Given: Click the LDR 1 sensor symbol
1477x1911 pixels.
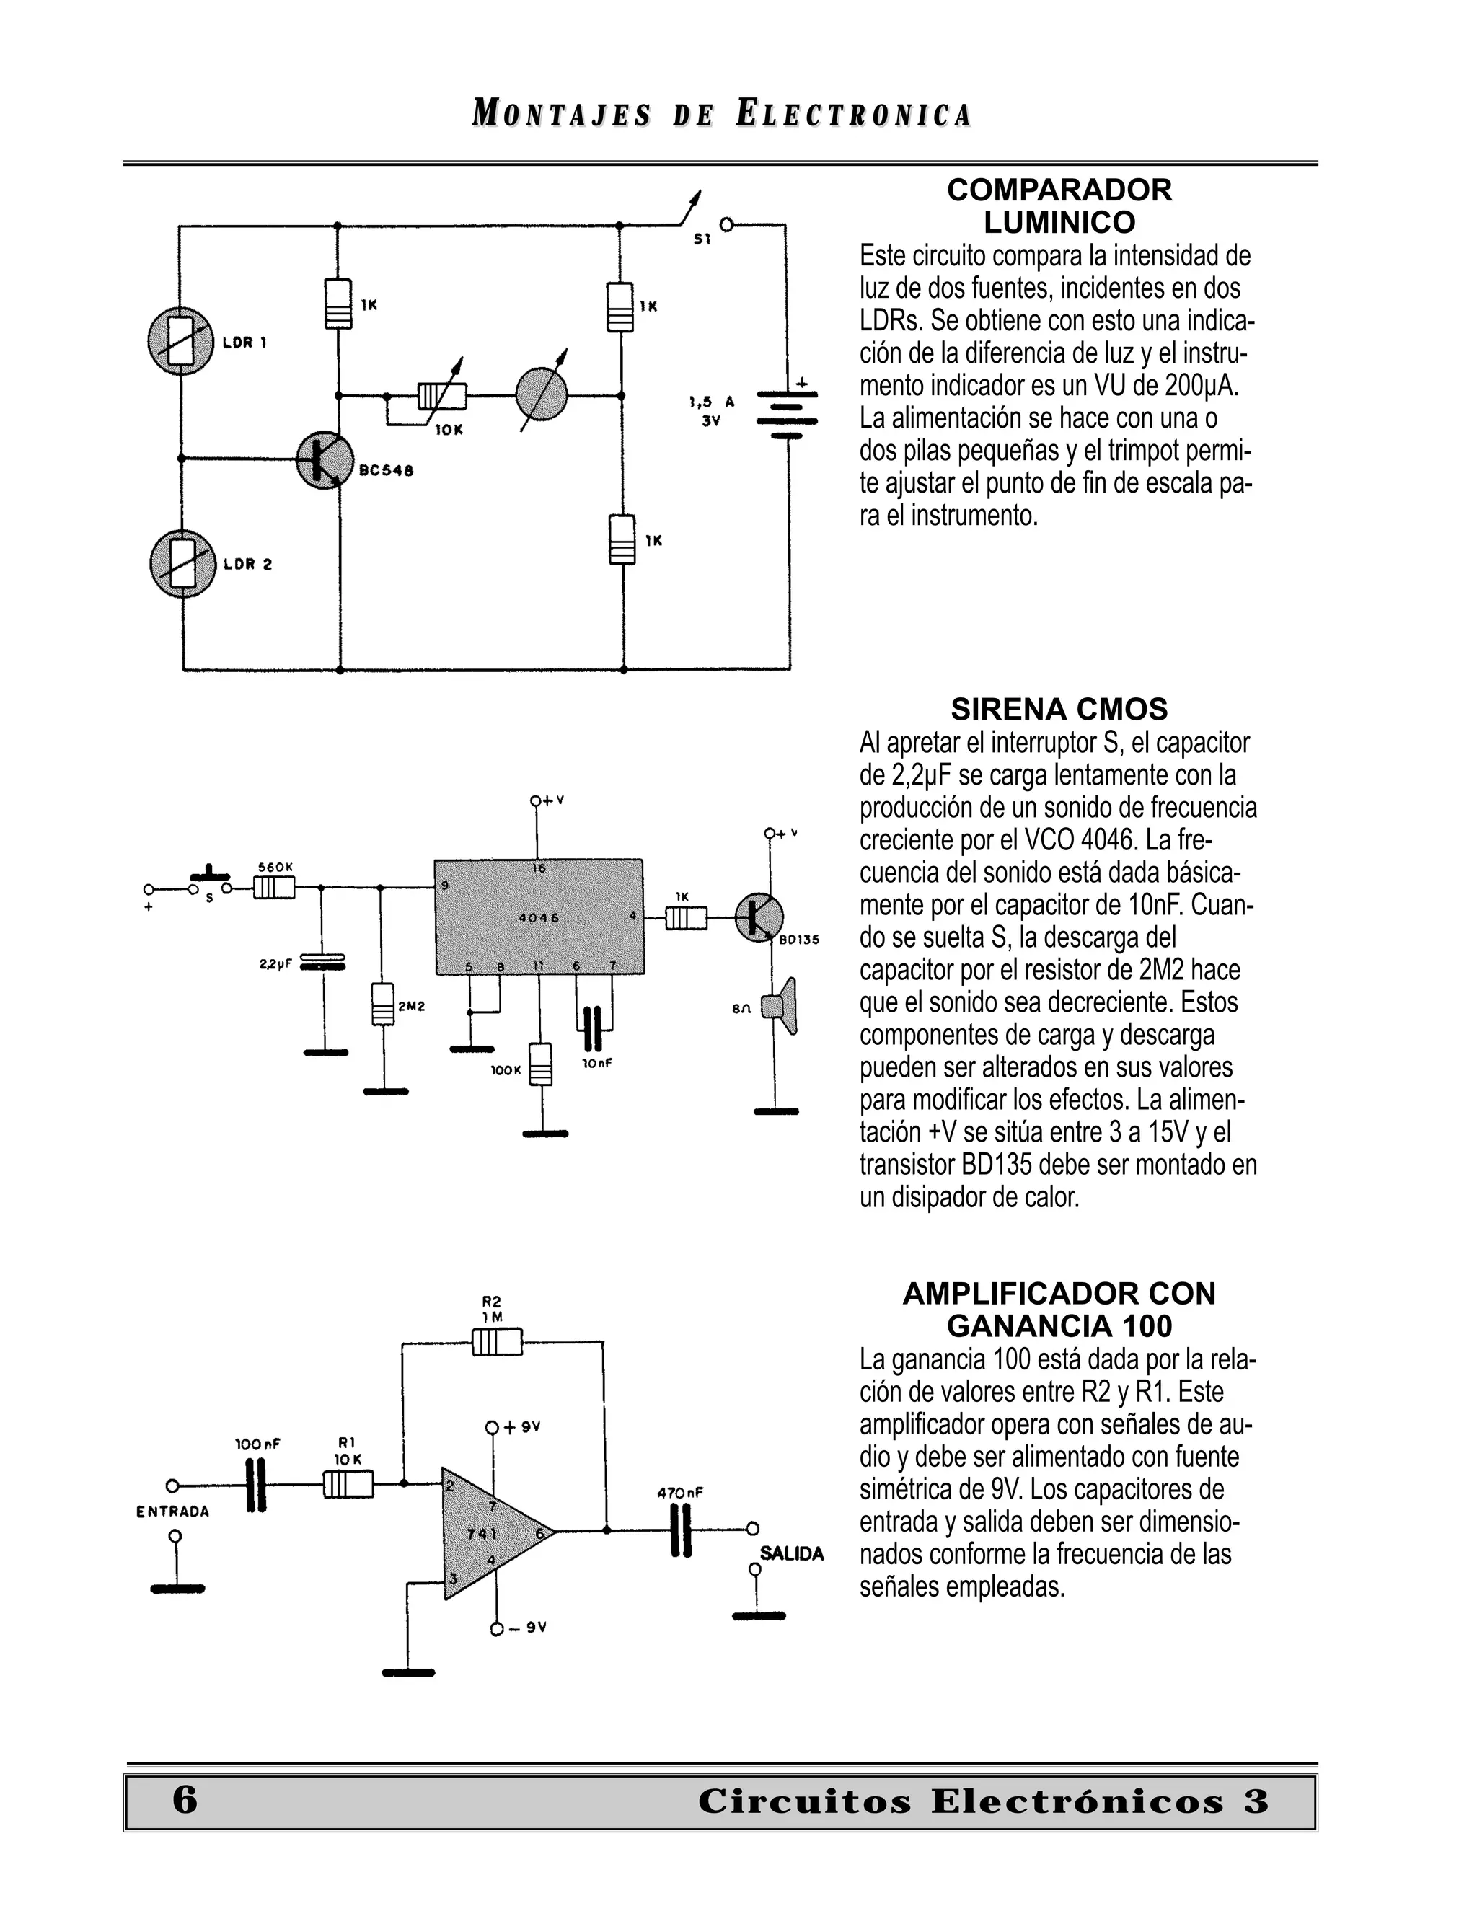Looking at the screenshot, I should pyautogui.click(x=180, y=341).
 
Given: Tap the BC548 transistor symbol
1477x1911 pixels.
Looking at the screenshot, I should pyautogui.click(x=324, y=459).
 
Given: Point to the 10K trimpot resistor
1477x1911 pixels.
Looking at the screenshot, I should pyautogui.click(x=442, y=397).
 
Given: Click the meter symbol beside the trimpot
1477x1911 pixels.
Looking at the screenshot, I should pyautogui.click(x=542, y=394).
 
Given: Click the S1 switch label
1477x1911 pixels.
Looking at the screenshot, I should pyautogui.click(x=702, y=238).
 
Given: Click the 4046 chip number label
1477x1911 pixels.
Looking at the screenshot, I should pyautogui.click(x=539, y=918).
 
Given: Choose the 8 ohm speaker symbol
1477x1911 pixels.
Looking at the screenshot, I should pyautogui.click(x=779, y=1005).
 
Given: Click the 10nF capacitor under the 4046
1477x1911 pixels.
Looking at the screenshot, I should pyautogui.click(x=594, y=1028).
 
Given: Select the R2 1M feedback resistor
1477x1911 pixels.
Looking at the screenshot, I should pyautogui.click(x=497, y=1341).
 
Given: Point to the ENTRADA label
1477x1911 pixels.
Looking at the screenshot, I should pyautogui.click(x=172, y=1511).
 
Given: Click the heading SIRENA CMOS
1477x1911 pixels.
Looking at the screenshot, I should pyautogui.click(x=1059, y=709).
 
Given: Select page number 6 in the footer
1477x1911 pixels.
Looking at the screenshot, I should pyautogui.click(x=185, y=1800).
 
